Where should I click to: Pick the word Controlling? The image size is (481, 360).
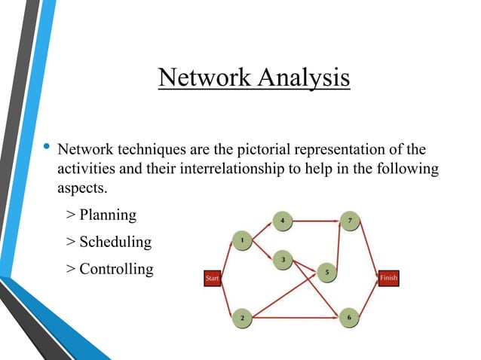[x=116, y=268]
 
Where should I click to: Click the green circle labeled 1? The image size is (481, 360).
[x=241, y=240]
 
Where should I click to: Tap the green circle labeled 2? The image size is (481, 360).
[x=241, y=318]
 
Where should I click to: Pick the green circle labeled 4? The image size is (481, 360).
[x=282, y=221]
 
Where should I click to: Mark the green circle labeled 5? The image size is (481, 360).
[x=326, y=271]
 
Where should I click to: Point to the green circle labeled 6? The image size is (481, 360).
[x=348, y=318]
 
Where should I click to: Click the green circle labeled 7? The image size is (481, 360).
[x=348, y=221]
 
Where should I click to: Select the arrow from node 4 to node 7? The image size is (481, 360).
[x=315, y=221]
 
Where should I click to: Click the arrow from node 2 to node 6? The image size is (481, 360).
[x=295, y=318]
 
